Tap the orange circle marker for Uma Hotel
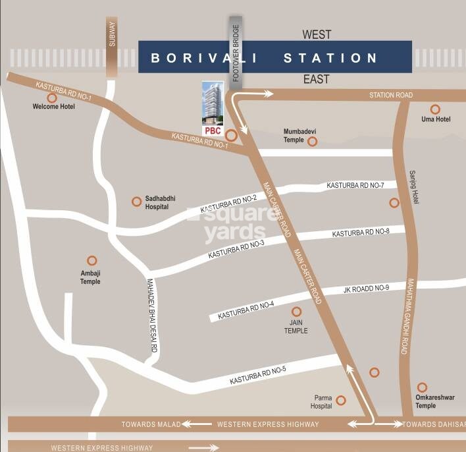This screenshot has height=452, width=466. point(435,109)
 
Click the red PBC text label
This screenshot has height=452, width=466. point(212,130)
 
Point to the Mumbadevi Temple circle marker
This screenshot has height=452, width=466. point(313,141)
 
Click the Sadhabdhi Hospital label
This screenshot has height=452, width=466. point(160,202)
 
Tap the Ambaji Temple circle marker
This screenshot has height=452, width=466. point(92,261)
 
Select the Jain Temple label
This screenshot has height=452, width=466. point(296,327)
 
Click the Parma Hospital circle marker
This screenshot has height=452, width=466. point(341,400)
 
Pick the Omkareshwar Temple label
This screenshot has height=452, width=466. point(435,402)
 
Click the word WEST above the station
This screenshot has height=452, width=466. point(317,34)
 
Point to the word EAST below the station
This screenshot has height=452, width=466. point(316,79)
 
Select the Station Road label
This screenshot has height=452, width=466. point(391,96)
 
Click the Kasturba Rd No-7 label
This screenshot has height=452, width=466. point(355,186)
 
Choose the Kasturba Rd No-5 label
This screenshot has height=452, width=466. point(258,376)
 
